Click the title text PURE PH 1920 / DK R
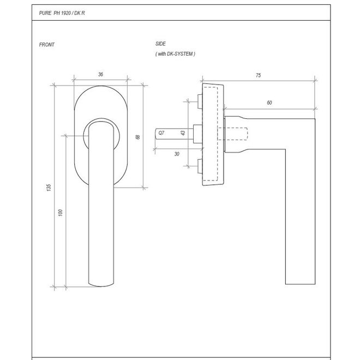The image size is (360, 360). [x=62, y=11]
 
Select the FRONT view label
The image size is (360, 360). [x=47, y=45]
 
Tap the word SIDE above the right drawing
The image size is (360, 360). [x=160, y=43]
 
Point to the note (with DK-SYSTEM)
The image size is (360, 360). [x=175, y=54]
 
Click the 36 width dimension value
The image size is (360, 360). [x=101, y=75]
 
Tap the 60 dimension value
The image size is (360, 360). [x=269, y=103]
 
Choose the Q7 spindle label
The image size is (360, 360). [x=161, y=133]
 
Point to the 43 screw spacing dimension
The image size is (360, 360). [x=182, y=133]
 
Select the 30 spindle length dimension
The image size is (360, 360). [x=177, y=154]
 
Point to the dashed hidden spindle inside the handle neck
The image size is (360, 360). [x=237, y=133]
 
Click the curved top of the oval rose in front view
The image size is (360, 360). [x=101, y=88]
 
